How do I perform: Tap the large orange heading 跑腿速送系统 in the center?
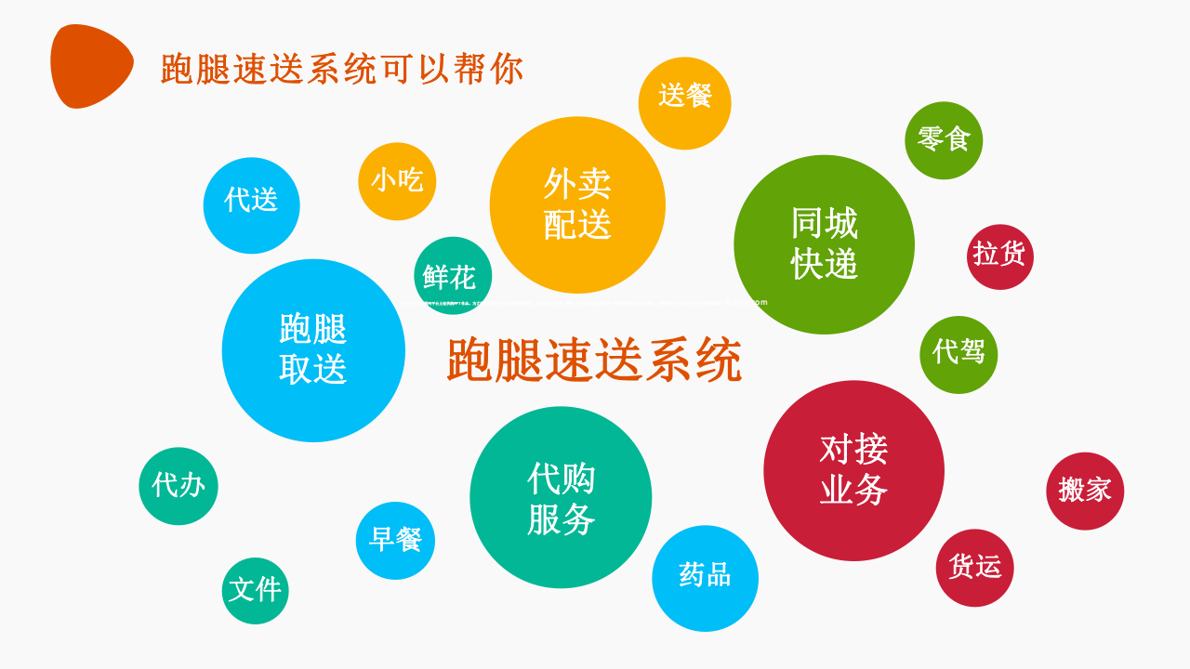point(594,360)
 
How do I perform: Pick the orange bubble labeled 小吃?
point(397,181)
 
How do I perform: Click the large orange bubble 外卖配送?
point(577,204)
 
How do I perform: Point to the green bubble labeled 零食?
point(944,140)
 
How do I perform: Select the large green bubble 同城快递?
point(824,244)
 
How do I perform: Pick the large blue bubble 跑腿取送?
point(313,350)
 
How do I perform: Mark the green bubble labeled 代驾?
point(959,354)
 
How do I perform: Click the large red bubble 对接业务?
point(853,470)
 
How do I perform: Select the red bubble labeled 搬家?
point(1085,491)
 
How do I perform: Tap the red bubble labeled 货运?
point(974,568)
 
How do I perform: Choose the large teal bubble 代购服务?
point(561,497)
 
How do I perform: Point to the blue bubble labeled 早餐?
point(395,541)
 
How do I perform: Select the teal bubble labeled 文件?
point(255,590)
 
